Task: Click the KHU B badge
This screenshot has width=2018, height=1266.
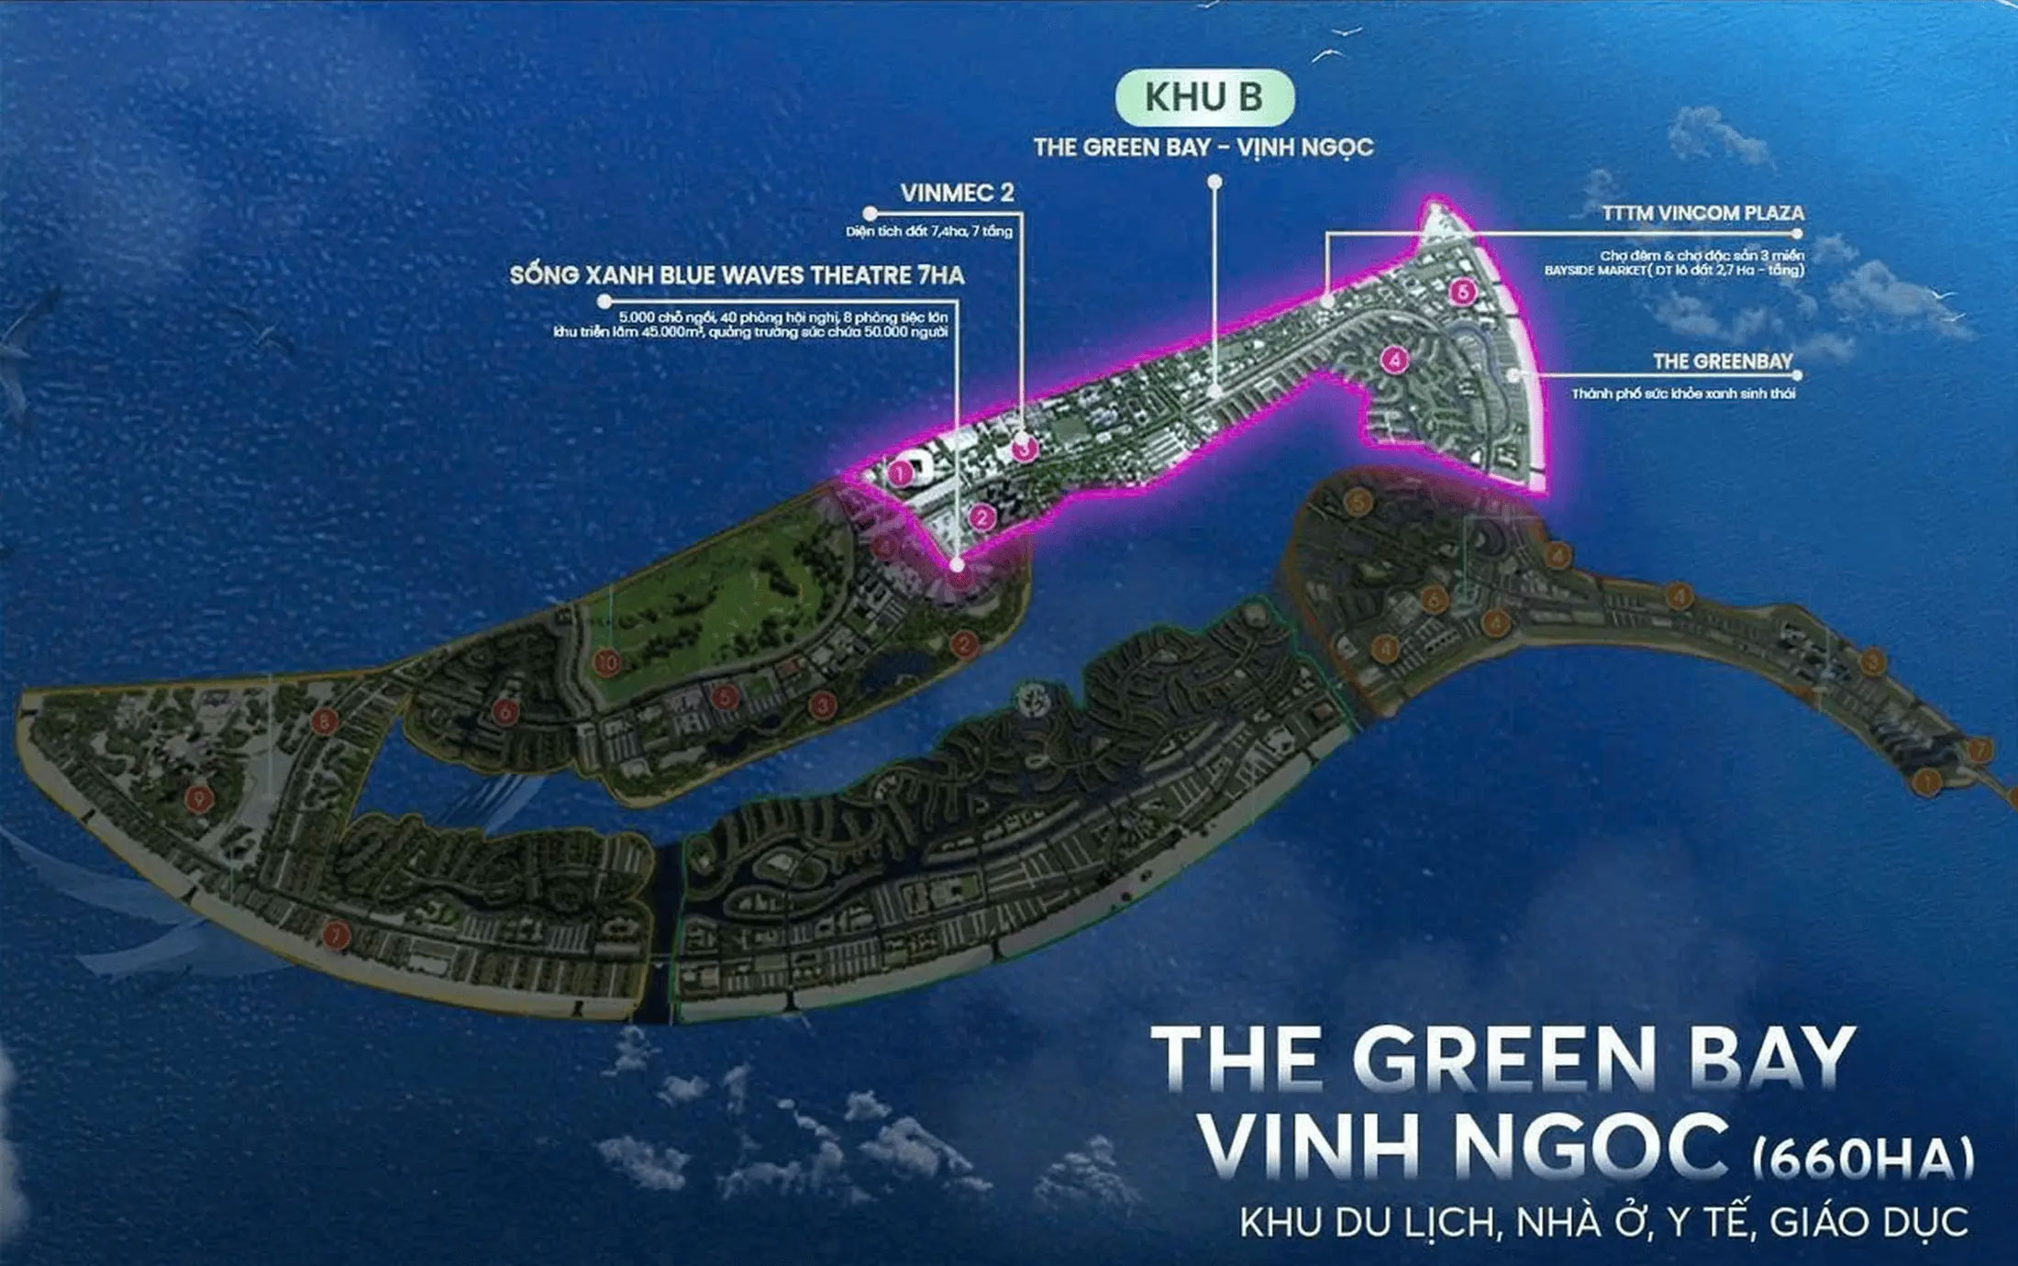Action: (x=1203, y=97)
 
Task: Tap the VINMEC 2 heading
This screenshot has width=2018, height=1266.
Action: (x=957, y=193)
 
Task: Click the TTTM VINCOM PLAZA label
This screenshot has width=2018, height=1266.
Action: (x=1702, y=213)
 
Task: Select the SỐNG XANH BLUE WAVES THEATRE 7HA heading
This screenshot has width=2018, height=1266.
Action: (x=737, y=275)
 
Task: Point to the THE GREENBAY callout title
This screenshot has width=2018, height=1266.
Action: (x=1722, y=361)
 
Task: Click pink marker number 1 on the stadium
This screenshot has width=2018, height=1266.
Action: (x=901, y=474)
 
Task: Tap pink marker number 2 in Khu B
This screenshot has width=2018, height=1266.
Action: (x=982, y=517)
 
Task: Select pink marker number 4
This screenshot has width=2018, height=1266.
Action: (x=1394, y=360)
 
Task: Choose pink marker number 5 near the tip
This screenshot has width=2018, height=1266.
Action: (x=1462, y=293)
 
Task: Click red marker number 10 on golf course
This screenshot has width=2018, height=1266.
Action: (x=606, y=661)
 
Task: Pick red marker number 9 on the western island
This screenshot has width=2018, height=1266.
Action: (x=197, y=798)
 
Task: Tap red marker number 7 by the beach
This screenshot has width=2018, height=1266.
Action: (x=337, y=935)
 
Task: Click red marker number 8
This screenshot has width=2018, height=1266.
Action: (x=323, y=722)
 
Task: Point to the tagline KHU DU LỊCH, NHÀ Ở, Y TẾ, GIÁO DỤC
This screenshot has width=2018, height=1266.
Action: (x=1603, y=1223)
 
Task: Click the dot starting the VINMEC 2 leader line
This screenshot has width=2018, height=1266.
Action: (x=870, y=214)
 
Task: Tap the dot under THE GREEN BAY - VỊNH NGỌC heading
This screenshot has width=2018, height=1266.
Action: (x=1214, y=183)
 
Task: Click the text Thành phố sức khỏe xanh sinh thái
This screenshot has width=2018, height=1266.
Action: (x=1683, y=394)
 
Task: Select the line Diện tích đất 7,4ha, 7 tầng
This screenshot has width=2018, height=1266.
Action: (x=928, y=231)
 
